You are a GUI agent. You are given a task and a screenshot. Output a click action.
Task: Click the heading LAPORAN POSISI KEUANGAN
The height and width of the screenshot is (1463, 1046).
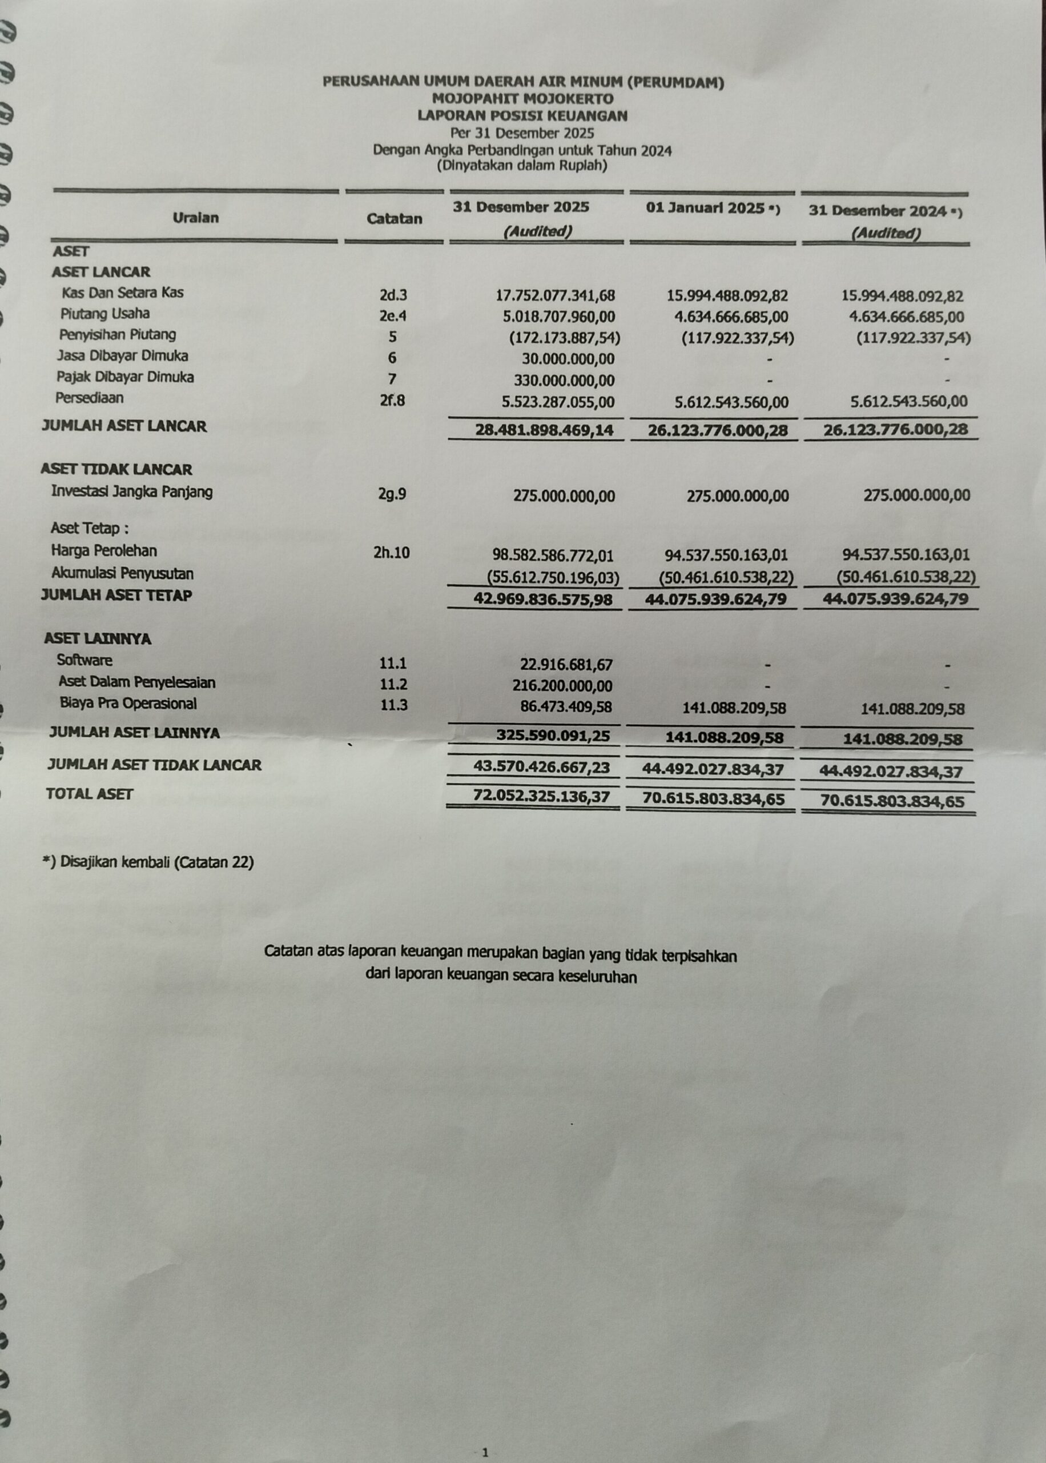pyautogui.click(x=522, y=116)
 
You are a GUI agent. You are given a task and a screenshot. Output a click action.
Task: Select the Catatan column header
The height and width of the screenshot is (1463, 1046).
pyautogui.click(x=394, y=218)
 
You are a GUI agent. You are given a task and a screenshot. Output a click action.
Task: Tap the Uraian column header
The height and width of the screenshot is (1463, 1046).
pyautogui.click(x=195, y=218)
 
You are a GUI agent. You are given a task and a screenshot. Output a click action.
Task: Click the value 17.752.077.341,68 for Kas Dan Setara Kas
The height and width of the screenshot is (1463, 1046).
pyautogui.click(x=555, y=296)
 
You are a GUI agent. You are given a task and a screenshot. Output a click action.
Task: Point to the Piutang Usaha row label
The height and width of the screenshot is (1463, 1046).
pyautogui.click(x=105, y=314)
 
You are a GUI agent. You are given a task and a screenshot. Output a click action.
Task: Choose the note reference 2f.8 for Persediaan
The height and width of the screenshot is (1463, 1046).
pyautogui.click(x=392, y=400)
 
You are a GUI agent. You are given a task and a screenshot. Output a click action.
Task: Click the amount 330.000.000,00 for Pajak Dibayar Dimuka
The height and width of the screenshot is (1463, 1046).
pyautogui.click(x=564, y=380)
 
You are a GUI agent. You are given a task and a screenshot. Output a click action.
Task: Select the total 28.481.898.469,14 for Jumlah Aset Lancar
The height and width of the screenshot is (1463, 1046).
pyautogui.click(x=544, y=430)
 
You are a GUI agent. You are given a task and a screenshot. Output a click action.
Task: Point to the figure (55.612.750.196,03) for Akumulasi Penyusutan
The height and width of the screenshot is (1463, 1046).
pyautogui.click(x=553, y=577)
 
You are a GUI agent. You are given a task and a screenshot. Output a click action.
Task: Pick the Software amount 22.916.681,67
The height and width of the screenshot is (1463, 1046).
pyautogui.click(x=566, y=665)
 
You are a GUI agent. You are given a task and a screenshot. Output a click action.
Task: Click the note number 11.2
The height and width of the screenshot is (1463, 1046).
pyautogui.click(x=393, y=684)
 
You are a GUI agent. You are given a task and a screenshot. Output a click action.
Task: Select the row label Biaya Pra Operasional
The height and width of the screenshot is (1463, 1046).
pyautogui.click(x=128, y=703)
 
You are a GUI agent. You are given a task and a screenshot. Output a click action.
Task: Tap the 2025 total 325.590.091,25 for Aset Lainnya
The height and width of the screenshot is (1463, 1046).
pyautogui.click(x=553, y=736)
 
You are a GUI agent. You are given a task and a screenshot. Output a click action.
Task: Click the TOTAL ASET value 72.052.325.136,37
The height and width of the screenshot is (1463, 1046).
pyautogui.click(x=541, y=797)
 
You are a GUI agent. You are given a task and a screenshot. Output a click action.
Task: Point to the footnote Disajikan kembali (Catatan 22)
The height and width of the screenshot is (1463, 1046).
pyautogui.click(x=148, y=862)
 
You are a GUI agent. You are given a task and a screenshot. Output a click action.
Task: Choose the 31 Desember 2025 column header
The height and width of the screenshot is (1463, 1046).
pyautogui.click(x=520, y=207)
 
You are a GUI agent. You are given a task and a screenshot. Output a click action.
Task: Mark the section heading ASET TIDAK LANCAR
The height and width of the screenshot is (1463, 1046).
pyautogui.click(x=116, y=469)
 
